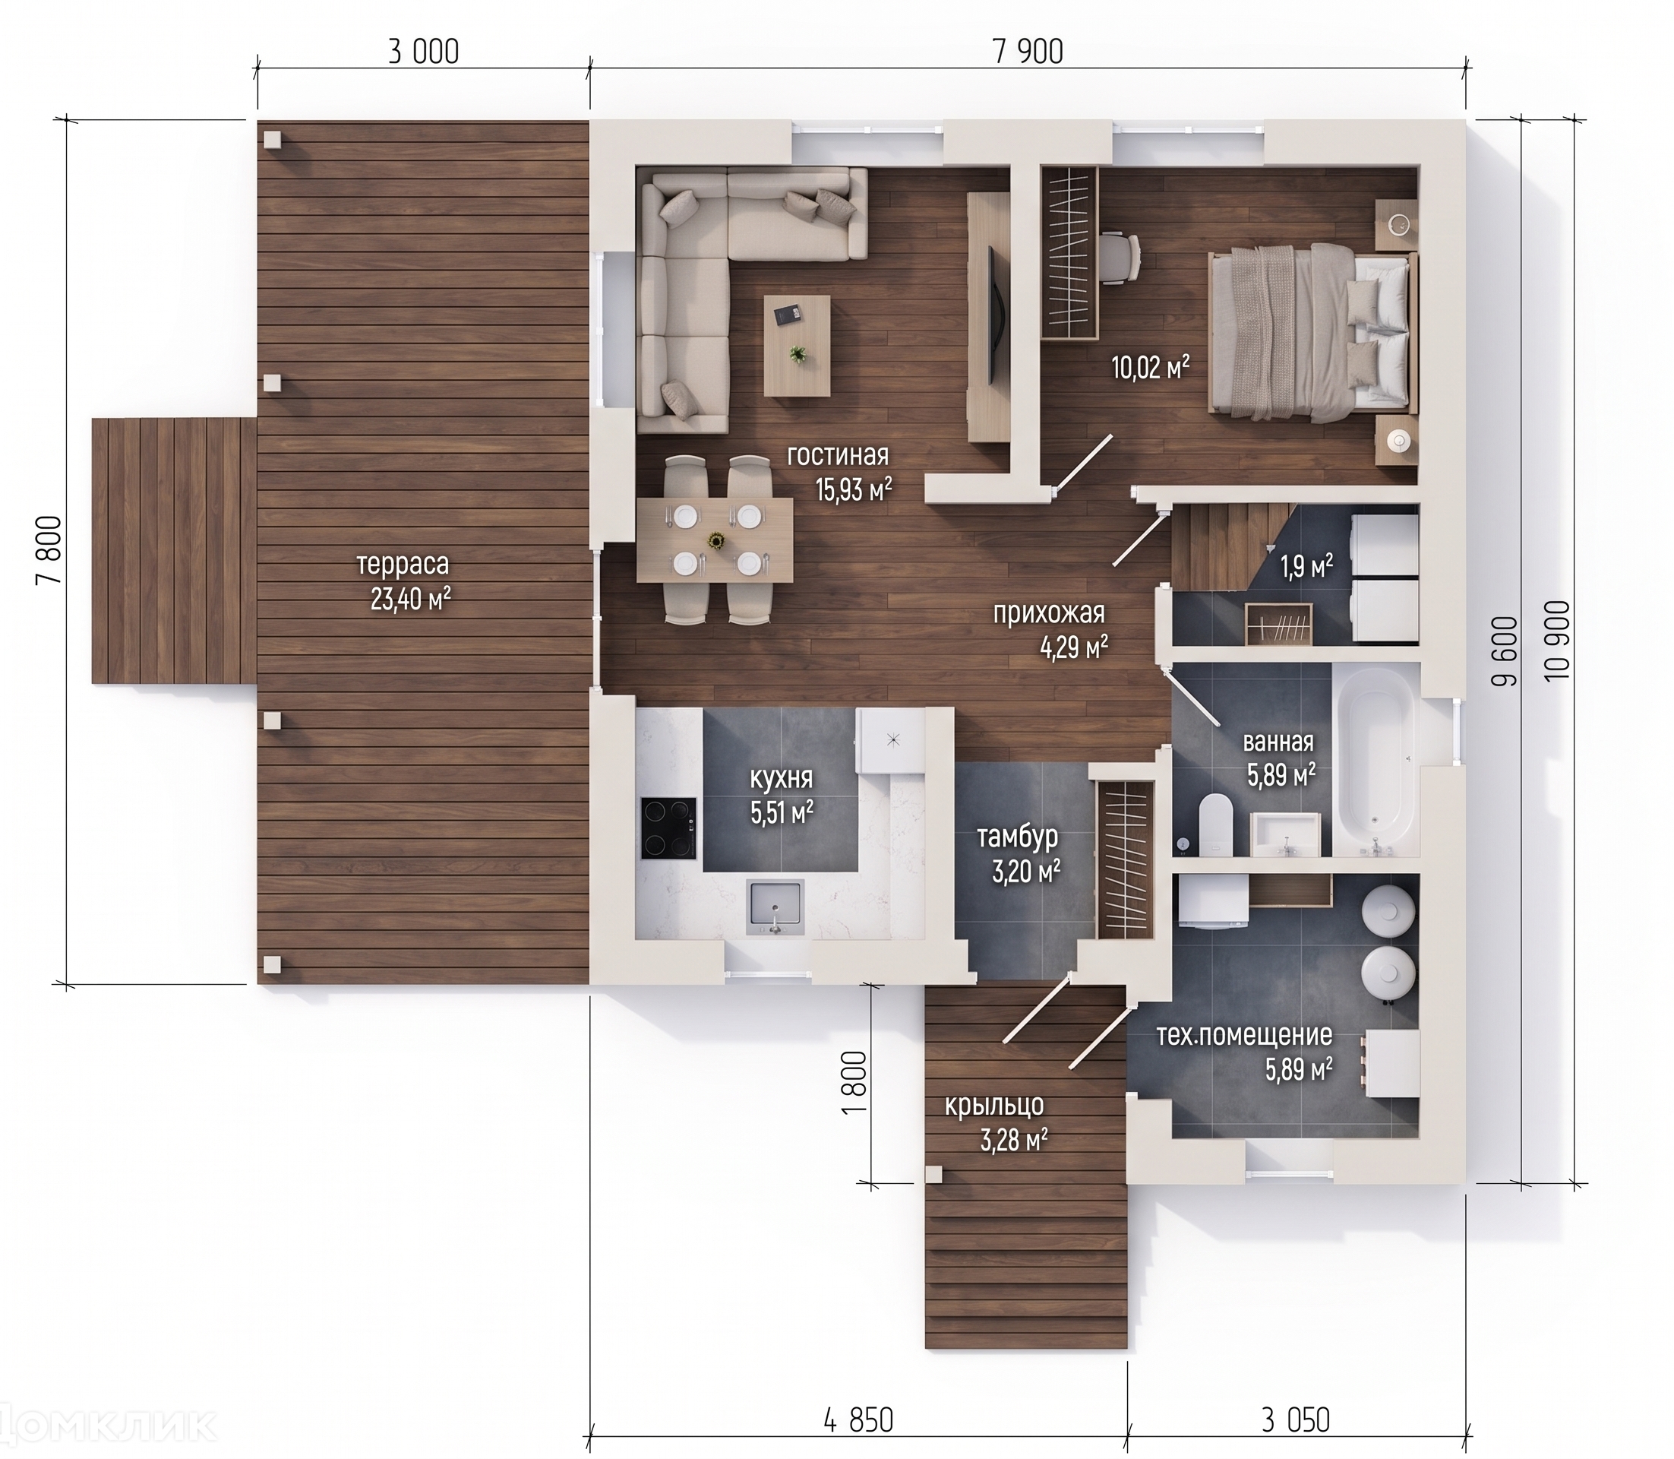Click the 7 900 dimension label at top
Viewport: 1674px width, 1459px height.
point(1028,52)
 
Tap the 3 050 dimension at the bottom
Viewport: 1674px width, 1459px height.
point(1296,1421)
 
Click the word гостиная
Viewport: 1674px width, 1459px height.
point(838,455)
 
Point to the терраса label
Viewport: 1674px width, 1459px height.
point(403,564)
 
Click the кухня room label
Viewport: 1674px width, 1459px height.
point(782,779)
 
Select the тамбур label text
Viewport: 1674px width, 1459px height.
point(1017,837)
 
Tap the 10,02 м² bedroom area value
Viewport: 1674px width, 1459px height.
point(1151,368)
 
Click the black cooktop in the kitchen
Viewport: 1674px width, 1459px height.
point(669,829)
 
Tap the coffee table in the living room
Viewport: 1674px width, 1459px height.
point(797,345)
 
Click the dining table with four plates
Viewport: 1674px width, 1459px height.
point(715,540)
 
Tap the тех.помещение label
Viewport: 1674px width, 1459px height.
point(1244,1035)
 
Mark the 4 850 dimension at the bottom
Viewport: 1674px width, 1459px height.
point(858,1421)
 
